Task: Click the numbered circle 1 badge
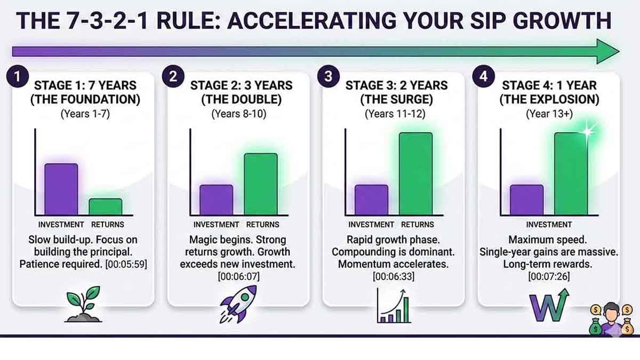(x=18, y=77)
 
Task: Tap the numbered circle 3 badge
(x=329, y=76)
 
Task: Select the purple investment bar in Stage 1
(x=61, y=189)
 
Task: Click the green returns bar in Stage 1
(x=106, y=207)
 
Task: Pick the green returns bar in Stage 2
(x=261, y=185)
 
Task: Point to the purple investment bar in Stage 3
(x=371, y=200)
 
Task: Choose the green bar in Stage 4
(x=571, y=174)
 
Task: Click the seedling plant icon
(x=83, y=304)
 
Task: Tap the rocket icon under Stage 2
(x=238, y=304)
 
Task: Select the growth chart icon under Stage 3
(x=394, y=306)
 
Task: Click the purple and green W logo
(x=549, y=305)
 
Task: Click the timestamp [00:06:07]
(x=238, y=277)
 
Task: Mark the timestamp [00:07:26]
(x=549, y=277)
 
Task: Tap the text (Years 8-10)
(x=239, y=114)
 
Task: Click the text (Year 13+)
(x=549, y=114)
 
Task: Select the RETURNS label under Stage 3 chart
(x=418, y=225)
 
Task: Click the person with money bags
(x=611, y=318)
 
